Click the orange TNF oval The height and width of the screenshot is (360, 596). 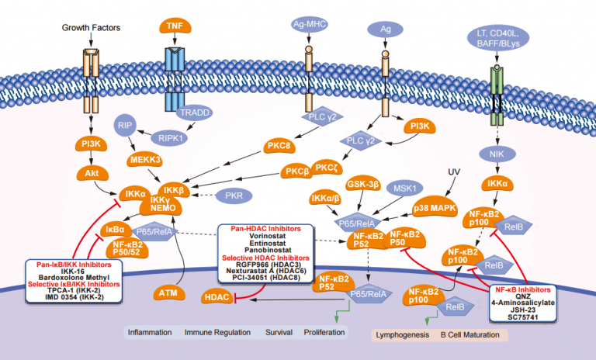[x=176, y=26]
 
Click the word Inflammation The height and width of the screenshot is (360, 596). [x=148, y=331]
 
